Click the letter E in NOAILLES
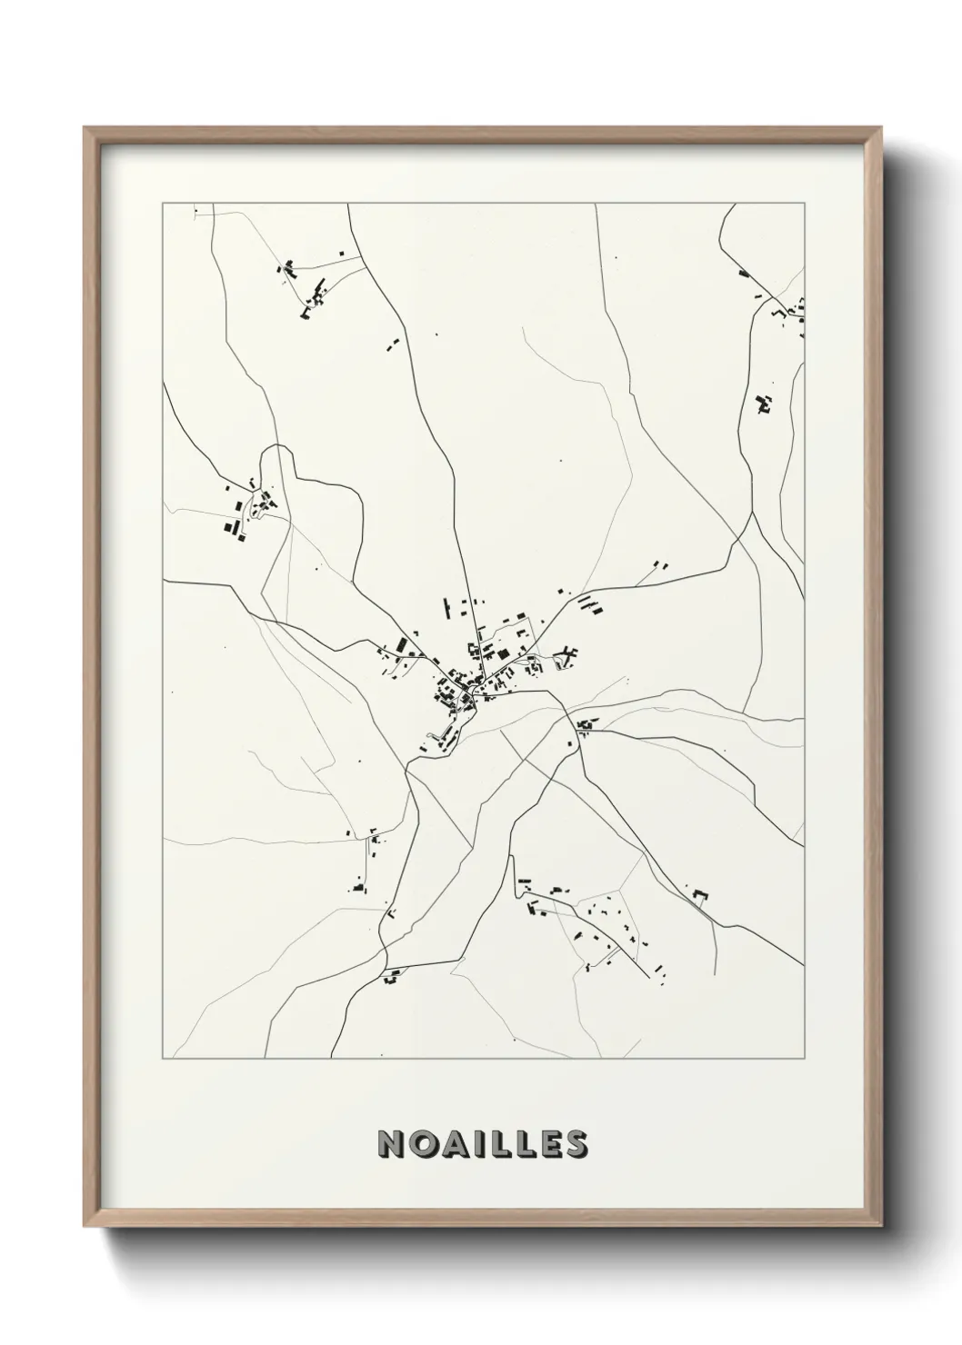pyautogui.click(x=548, y=1144)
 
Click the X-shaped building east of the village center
pyautogui.click(x=568, y=653)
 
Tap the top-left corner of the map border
pyautogui.click(x=163, y=204)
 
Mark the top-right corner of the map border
pyautogui.click(x=805, y=204)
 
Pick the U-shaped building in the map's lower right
pyautogui.click(x=700, y=895)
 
